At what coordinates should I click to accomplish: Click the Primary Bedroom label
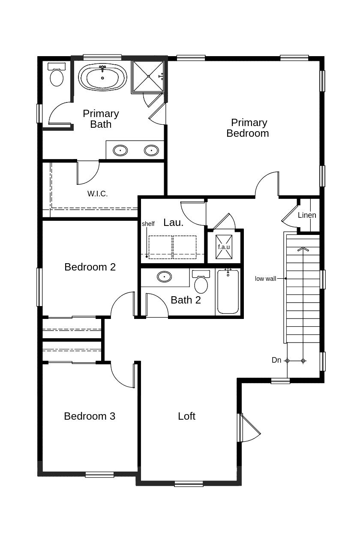pos(248,128)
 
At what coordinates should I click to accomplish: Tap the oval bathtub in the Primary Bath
pos(102,77)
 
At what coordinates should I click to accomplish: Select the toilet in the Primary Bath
pos(57,75)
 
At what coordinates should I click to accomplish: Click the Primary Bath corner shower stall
pos(148,77)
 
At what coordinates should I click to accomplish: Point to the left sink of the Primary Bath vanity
pos(120,150)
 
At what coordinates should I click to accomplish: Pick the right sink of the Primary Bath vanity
pos(151,150)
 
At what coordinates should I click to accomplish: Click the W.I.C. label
pos(98,194)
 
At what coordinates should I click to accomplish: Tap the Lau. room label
pos(174,222)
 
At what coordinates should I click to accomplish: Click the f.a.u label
pos(224,247)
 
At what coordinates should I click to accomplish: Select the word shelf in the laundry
pos(148,224)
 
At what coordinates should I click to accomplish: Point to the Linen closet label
pos(307,215)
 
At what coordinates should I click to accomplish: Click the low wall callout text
pos(265,279)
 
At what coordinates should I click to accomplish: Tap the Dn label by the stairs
pos(276,360)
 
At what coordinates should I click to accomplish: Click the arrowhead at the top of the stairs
pos(303,249)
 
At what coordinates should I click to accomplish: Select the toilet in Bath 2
pos(201,281)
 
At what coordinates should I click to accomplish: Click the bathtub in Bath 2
pos(228,292)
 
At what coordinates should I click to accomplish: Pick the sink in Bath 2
pos(164,277)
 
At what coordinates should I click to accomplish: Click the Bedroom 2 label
pos(90,267)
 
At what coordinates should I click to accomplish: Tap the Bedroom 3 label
pos(90,416)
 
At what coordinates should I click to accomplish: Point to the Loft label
pos(186,416)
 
